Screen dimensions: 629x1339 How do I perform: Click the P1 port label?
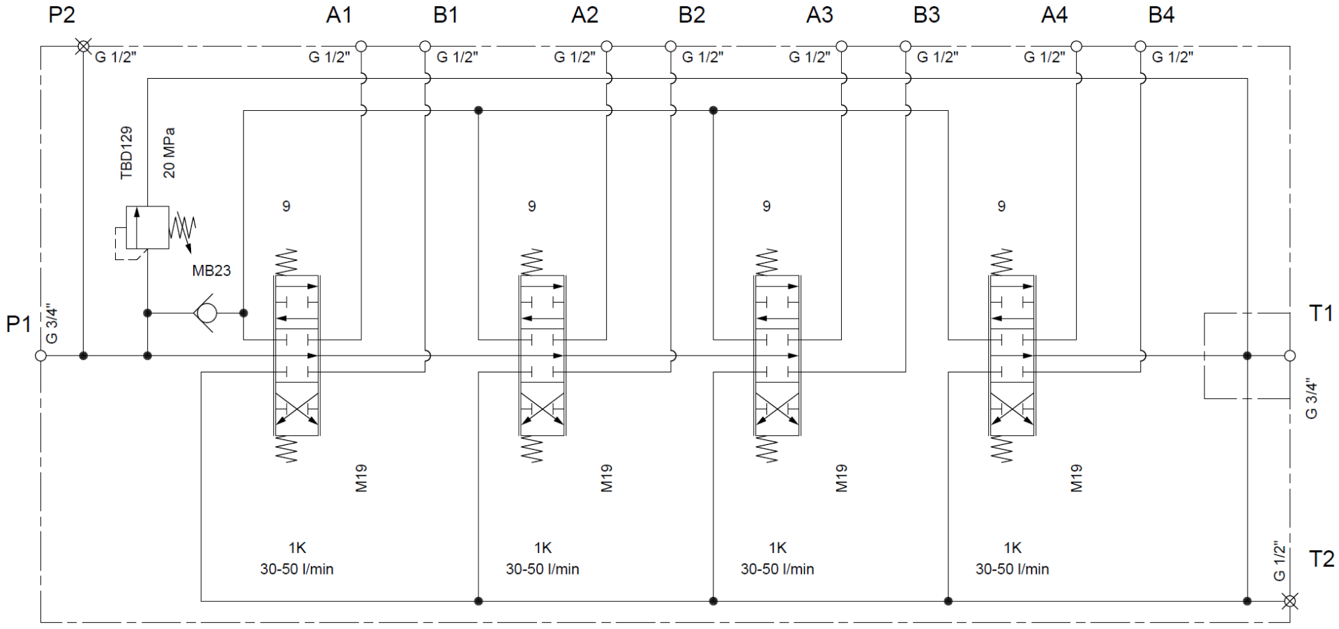(19, 324)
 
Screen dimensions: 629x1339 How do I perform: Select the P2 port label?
(61, 15)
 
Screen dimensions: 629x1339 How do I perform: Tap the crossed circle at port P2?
(83, 47)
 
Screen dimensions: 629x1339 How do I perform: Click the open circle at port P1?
(40, 356)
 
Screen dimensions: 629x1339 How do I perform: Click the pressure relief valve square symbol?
(147, 227)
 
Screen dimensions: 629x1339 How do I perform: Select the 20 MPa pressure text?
(169, 153)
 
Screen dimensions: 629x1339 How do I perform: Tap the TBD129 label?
(126, 153)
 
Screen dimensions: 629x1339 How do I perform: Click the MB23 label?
(211, 271)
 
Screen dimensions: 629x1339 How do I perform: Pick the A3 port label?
(819, 15)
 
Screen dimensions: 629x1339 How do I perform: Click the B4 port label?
(1161, 15)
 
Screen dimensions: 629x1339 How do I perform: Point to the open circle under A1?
(361, 47)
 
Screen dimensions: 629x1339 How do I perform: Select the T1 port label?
(1321, 313)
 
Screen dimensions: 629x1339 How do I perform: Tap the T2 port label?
(1321, 559)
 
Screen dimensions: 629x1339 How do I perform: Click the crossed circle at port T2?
(1290, 600)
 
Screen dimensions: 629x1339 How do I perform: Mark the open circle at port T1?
(1290, 356)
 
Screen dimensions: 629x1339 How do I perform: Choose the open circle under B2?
(671, 47)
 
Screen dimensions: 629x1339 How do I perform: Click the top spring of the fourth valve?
(1001, 262)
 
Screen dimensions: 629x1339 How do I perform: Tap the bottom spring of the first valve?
(287, 449)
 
